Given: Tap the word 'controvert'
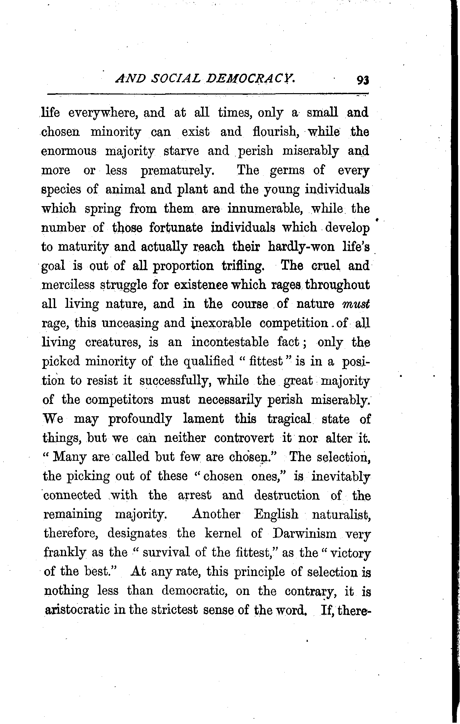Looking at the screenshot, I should [x=244, y=438].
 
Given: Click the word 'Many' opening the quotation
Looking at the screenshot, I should [x=69, y=457].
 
